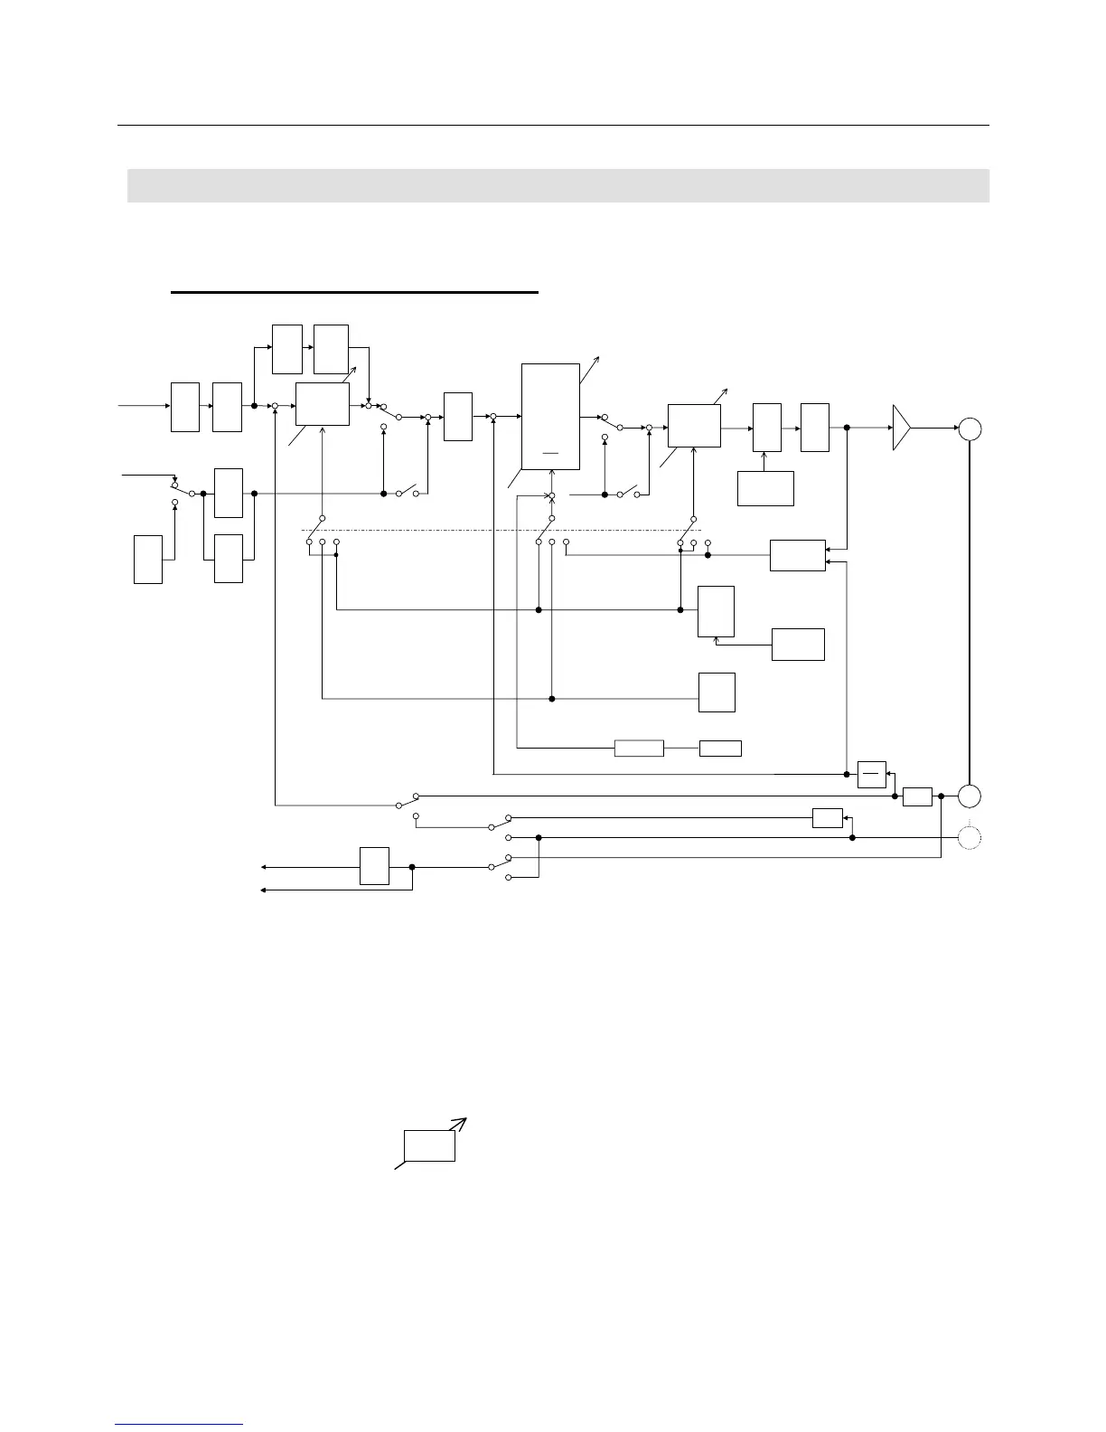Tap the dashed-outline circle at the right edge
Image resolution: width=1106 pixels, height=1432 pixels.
click(970, 837)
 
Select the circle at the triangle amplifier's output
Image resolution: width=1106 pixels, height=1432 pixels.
click(970, 429)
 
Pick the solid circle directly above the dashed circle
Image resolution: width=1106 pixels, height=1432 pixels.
click(970, 796)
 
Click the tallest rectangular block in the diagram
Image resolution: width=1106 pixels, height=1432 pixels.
click(551, 417)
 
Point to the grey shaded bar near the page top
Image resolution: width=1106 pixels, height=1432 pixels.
click(558, 185)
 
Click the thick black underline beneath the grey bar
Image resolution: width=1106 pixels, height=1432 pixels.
click(354, 293)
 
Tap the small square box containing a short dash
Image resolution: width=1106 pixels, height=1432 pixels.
click(871, 775)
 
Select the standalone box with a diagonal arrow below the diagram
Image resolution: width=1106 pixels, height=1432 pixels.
click(429, 1145)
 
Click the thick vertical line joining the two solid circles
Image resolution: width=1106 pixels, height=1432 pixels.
click(970, 612)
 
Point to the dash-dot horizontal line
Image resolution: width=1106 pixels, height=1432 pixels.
click(501, 530)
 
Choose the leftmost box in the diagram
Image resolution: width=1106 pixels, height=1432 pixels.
click(148, 559)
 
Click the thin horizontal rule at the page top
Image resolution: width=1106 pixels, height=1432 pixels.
click(553, 126)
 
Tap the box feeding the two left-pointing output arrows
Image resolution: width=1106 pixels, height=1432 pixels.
click(374, 866)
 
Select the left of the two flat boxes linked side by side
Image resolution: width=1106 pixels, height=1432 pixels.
click(639, 748)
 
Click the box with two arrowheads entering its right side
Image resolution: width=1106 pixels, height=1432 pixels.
click(798, 555)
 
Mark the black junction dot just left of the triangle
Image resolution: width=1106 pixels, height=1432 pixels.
click(847, 429)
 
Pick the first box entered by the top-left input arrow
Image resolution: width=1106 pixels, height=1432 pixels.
click(185, 407)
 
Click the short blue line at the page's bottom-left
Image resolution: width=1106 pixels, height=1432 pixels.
click(180, 1424)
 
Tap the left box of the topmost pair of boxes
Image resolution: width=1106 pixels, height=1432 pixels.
click(287, 348)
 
